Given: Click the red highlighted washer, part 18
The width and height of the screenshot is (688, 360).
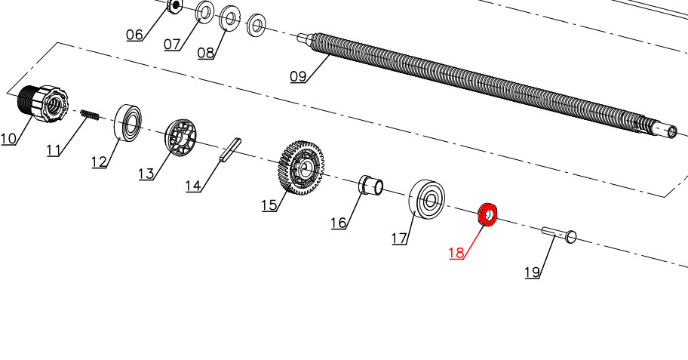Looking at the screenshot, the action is point(487,215).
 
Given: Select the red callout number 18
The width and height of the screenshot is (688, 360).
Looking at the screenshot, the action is point(456,253).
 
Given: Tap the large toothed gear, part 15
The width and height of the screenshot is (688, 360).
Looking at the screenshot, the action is point(301,168).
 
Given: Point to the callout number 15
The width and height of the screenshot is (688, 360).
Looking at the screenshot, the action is point(269,205).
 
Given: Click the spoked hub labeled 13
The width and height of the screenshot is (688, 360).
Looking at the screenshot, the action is point(181,137).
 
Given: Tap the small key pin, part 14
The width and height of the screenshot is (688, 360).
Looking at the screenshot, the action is point(231,150).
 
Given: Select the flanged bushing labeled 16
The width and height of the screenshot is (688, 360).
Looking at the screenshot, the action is point(371,184).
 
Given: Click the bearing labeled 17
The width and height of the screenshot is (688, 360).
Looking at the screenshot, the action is point(426,199).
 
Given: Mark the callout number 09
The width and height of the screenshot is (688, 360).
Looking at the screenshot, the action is point(298,77).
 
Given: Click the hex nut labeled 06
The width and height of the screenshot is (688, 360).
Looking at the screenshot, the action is point(174,6).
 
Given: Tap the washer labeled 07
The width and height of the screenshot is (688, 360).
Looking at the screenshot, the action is point(204,13).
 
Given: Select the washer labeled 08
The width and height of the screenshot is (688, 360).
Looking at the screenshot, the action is point(229,19).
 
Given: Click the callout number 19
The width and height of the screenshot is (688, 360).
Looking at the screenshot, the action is point(533,272).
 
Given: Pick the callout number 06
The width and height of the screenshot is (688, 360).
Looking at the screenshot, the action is point(135,35).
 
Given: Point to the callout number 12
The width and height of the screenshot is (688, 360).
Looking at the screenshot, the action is point(99,162).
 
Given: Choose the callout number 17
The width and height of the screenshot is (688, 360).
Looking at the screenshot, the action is point(399,238).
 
